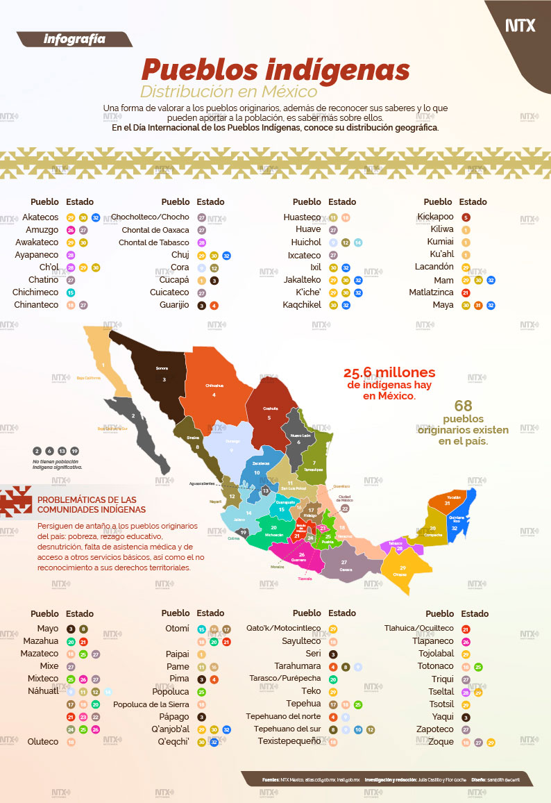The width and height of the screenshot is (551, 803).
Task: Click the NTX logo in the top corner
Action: pyautogui.click(x=520, y=26)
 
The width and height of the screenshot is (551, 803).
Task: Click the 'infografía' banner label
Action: pyautogui.click(x=74, y=39)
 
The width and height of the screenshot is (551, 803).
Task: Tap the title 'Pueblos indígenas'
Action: pyautogui.click(x=275, y=70)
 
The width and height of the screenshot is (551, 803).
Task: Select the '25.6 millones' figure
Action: pyautogui.click(x=389, y=372)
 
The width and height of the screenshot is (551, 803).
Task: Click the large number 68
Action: pyautogui.click(x=463, y=406)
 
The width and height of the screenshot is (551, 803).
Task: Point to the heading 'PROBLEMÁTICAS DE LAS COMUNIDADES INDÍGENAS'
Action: pyautogui.click(x=87, y=504)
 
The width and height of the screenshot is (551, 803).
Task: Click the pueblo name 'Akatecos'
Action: pyautogui.click(x=40, y=217)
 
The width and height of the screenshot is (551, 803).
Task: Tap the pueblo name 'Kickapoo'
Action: pyautogui.click(x=436, y=217)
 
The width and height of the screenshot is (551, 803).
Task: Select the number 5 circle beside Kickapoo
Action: pyautogui.click(x=466, y=217)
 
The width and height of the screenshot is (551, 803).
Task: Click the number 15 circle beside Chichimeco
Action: pyautogui.click(x=71, y=292)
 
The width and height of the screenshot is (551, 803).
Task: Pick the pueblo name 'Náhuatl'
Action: pyautogui.click(x=43, y=691)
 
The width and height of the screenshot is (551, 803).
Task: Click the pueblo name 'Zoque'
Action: pyautogui.click(x=441, y=741)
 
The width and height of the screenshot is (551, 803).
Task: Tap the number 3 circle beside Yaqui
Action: pyautogui.click(x=466, y=717)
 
